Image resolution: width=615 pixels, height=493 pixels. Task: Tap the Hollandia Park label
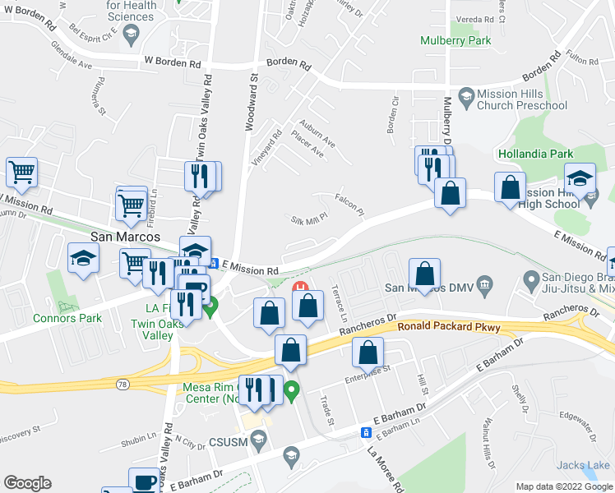pos(534,154)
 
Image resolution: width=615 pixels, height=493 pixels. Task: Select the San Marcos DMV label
pos(429,288)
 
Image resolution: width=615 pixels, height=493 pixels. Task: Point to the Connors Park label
pos(62,318)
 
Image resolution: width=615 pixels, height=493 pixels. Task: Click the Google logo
pos(27,483)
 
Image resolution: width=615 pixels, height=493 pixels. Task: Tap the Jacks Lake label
pos(587,466)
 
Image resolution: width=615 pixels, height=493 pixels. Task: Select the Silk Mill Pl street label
pos(310,220)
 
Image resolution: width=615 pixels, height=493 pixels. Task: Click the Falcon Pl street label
pos(349,202)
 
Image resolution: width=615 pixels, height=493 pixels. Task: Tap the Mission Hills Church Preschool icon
pos(466,96)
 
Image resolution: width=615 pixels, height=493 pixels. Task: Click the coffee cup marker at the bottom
pos(146,481)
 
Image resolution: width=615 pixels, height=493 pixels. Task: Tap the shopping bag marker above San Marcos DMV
pos(424,272)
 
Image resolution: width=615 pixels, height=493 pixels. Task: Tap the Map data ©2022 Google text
pos(563,486)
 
